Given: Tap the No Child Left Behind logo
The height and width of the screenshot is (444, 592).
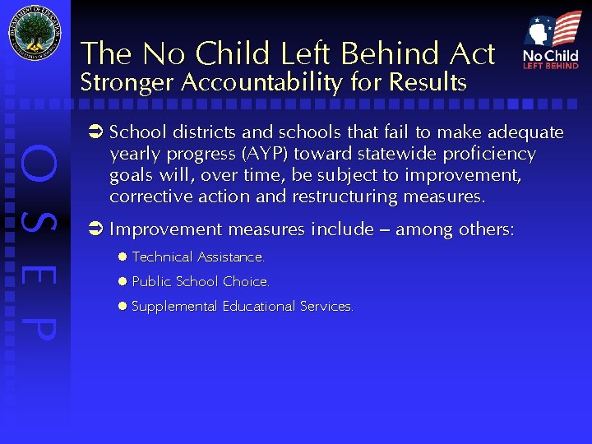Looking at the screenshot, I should pos(551,41).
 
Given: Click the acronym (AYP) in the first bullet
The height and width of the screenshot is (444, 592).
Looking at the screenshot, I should pos(262,154).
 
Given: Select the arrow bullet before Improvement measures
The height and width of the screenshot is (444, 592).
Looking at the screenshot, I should pos(95,229).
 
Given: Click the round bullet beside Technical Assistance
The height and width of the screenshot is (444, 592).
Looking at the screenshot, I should pos(121,257).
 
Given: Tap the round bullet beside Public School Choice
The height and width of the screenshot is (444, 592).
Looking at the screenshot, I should pos(121,281).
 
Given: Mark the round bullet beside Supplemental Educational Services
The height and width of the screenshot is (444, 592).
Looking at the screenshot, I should pos(121,306).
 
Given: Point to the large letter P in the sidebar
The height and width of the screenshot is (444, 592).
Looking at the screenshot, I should pos(39,326).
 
